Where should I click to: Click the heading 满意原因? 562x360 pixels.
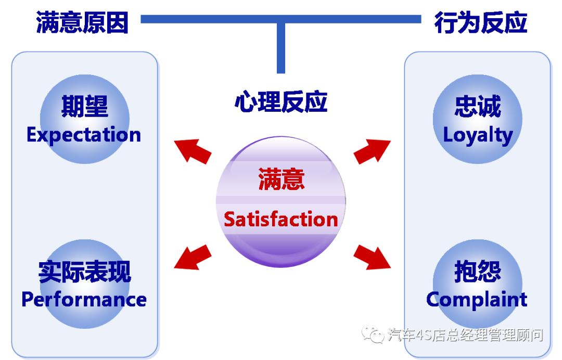(x=82, y=23)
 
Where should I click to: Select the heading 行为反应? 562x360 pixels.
(x=480, y=23)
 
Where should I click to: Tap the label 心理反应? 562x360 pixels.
(x=280, y=102)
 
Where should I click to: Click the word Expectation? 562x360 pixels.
(x=84, y=135)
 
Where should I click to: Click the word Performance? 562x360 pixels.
(x=84, y=299)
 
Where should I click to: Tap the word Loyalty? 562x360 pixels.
(x=478, y=135)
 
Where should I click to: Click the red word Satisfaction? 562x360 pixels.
(x=280, y=219)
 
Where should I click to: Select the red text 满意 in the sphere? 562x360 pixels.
(x=281, y=180)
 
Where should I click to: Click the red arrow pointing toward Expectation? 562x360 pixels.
(x=193, y=150)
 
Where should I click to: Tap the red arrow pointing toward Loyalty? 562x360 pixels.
(x=372, y=151)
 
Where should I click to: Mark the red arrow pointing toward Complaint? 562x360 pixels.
(x=372, y=256)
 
